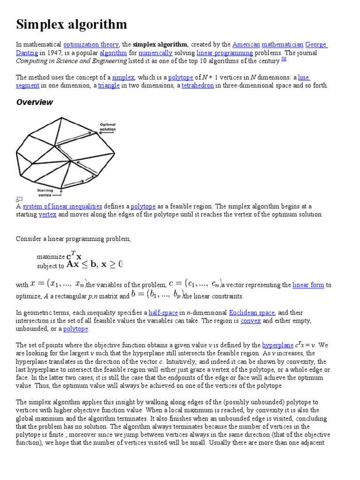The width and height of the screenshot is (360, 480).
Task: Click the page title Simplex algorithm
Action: (71, 24)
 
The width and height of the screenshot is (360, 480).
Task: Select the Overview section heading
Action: (35, 102)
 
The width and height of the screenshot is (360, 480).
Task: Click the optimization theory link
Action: (91, 45)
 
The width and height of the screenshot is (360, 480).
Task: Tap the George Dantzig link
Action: (316, 45)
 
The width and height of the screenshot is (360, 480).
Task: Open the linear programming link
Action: (225, 53)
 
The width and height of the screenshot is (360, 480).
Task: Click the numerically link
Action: (155, 53)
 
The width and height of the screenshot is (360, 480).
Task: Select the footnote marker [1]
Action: (284, 60)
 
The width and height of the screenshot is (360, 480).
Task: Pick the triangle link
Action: (109, 85)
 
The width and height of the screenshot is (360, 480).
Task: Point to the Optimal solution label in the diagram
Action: (107, 127)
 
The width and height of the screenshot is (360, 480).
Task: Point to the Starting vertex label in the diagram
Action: (45, 193)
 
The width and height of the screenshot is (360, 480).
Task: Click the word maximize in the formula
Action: (51, 257)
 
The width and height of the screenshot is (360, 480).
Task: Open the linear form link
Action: (308, 285)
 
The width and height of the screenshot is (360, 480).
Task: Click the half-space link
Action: (161, 313)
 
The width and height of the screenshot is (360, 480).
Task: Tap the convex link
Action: (250, 321)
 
